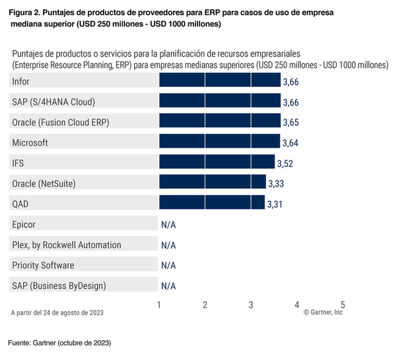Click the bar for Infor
click(x=220, y=80)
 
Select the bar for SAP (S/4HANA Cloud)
click(x=220, y=101)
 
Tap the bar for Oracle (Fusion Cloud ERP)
click(x=220, y=121)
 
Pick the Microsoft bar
click(x=220, y=142)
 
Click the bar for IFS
click(x=217, y=162)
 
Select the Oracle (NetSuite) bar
click(x=213, y=183)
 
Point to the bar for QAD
click(x=212, y=203)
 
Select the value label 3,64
click(x=291, y=142)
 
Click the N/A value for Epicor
click(x=168, y=225)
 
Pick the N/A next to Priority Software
click(x=168, y=266)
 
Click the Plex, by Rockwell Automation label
click(x=67, y=245)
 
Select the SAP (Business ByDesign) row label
click(x=59, y=285)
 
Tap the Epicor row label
click(x=24, y=224)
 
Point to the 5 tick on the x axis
click(x=343, y=305)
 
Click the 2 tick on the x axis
click(x=205, y=305)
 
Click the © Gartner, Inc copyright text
click(x=323, y=313)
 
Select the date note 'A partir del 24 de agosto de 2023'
click(x=57, y=313)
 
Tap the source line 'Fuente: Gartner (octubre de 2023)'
click(x=59, y=343)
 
